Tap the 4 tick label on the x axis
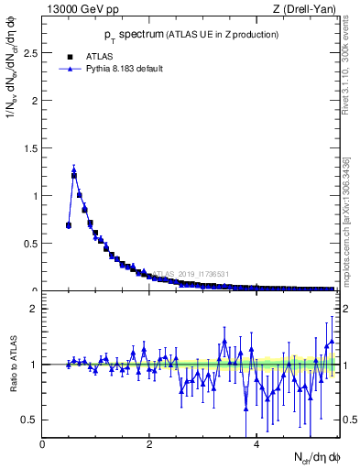(256, 444)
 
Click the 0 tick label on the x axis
(42, 444)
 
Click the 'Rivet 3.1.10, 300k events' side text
(351, 64)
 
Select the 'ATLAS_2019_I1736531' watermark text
(191, 273)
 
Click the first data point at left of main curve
(69, 224)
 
